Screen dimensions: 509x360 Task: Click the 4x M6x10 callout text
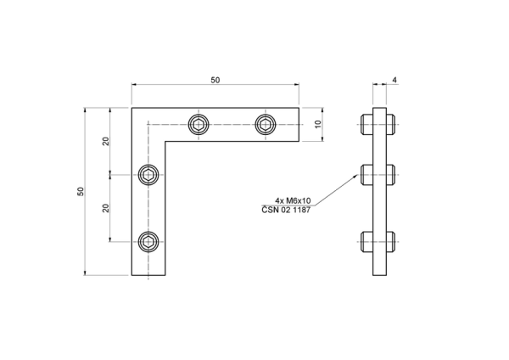[x=293, y=200]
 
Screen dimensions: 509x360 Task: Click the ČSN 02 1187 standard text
[x=286, y=210]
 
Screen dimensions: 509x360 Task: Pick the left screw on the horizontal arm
[x=199, y=125]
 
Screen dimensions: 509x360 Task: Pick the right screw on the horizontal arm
[x=266, y=125]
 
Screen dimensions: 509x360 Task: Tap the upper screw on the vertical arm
[x=148, y=175]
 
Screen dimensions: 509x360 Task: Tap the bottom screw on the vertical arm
[x=148, y=242]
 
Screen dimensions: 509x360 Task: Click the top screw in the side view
[x=378, y=125]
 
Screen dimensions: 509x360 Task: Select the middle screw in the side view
[x=378, y=175]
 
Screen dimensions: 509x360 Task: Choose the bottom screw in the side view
[x=378, y=242]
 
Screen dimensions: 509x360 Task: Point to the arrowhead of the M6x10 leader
[x=357, y=176]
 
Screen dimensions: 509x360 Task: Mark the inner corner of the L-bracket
[x=165, y=141]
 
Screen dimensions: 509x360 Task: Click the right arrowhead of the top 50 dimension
[x=296, y=85]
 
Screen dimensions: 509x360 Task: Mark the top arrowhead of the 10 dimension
[x=322, y=110]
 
